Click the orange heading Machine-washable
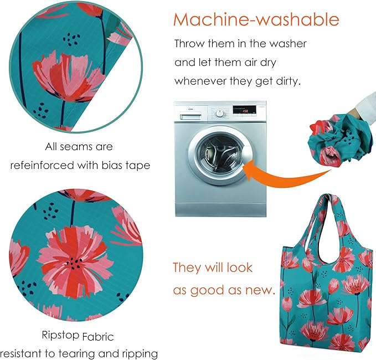point(256,19)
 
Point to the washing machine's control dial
point(220,113)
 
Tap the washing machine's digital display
point(244,110)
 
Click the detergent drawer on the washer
point(190,116)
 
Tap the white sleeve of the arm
point(365,106)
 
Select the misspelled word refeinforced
point(42,165)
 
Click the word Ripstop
point(60,335)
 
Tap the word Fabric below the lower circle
point(98,337)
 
